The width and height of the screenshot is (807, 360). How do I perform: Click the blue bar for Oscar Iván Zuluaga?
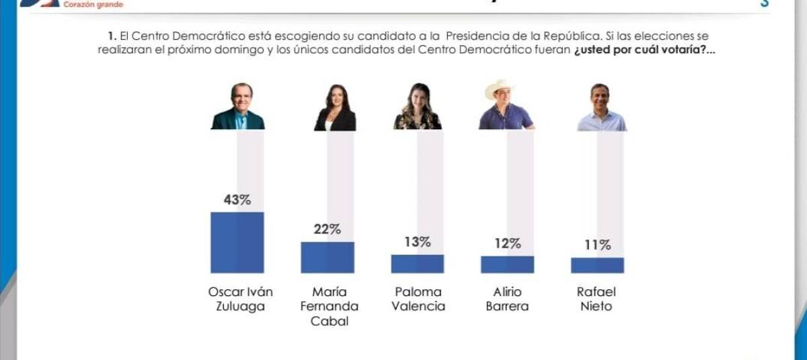pyautogui.click(x=237, y=242)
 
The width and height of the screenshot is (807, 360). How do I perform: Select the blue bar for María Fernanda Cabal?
pyautogui.click(x=327, y=257)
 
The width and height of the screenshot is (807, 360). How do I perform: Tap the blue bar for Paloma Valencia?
pyautogui.click(x=417, y=264)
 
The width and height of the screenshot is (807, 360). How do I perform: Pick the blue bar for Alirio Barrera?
pyautogui.click(x=507, y=264)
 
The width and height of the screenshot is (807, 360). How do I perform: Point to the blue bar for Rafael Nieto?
pyautogui.click(x=597, y=265)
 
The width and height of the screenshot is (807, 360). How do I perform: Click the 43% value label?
pyautogui.click(x=237, y=200)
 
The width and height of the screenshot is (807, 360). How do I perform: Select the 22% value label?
pyautogui.click(x=327, y=229)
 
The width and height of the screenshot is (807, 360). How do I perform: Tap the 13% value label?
pyautogui.click(x=417, y=242)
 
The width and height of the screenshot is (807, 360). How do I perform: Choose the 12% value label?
pyautogui.click(x=507, y=244)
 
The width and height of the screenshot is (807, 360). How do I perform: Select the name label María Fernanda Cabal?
pyautogui.click(x=329, y=307)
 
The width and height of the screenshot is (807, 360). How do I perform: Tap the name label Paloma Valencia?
pyautogui.click(x=418, y=299)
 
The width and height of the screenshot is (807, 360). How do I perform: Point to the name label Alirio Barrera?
pyautogui.click(x=507, y=299)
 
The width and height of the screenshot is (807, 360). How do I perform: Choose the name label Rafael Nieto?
pyautogui.click(x=597, y=299)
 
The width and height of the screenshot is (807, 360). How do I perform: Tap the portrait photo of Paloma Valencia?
pyautogui.click(x=417, y=107)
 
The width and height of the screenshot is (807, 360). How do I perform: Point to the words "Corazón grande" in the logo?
pyautogui.click(x=93, y=5)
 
